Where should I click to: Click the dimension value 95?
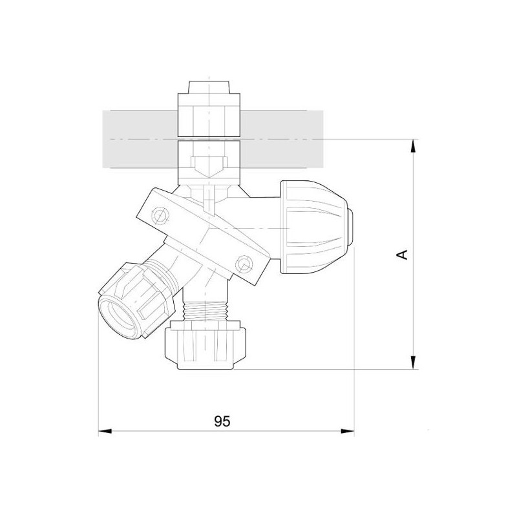tap(222, 421)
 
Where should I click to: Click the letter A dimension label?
tap(401, 254)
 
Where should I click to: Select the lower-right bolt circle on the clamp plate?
tap(244, 262)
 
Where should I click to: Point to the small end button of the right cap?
tap(352, 227)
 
